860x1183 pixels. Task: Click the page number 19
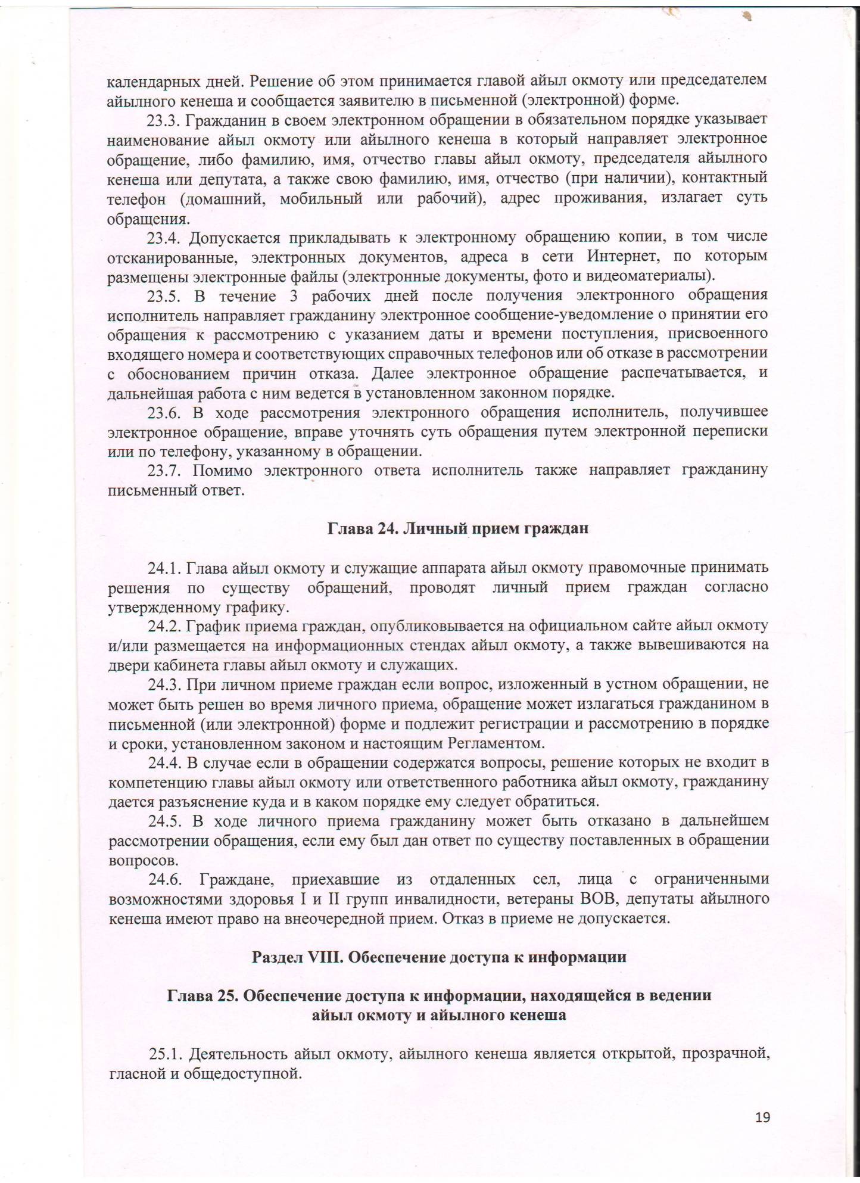(x=762, y=1117)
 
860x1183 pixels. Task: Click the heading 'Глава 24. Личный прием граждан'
(x=458, y=528)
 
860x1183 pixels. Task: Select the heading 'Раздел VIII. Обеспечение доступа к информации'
(x=439, y=957)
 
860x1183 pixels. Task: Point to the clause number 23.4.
(x=163, y=238)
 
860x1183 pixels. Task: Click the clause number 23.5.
(x=163, y=296)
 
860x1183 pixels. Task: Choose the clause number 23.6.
(x=163, y=412)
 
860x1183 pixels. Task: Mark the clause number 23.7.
(x=163, y=471)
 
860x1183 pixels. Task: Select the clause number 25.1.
(x=165, y=1054)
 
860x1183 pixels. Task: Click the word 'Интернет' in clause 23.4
(x=621, y=257)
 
